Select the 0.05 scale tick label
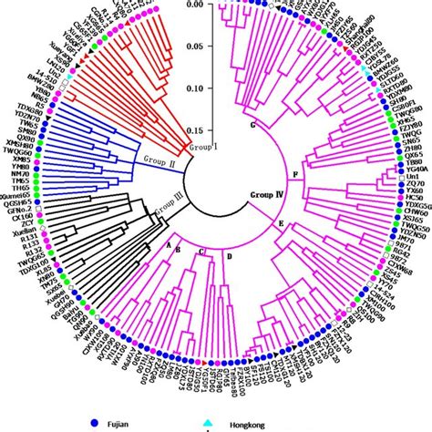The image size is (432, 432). pos(192,46)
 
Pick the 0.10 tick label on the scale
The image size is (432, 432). pos(192,89)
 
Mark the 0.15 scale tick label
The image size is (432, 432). pos(192,130)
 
